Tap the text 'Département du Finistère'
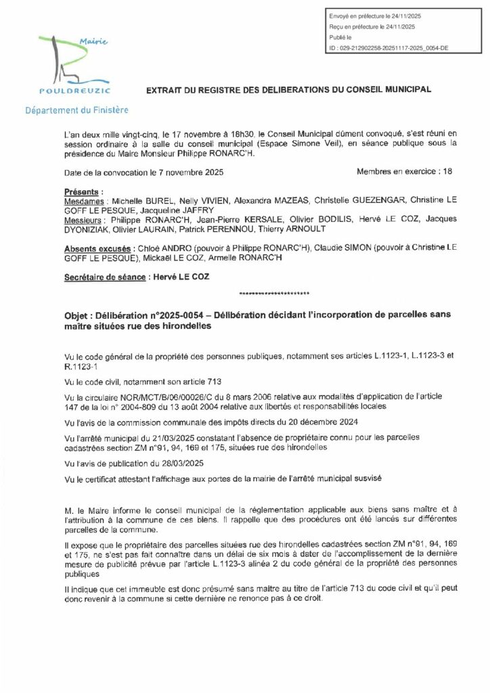coord(76,110)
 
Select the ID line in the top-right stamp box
coord(388,49)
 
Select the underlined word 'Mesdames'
coord(83,202)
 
